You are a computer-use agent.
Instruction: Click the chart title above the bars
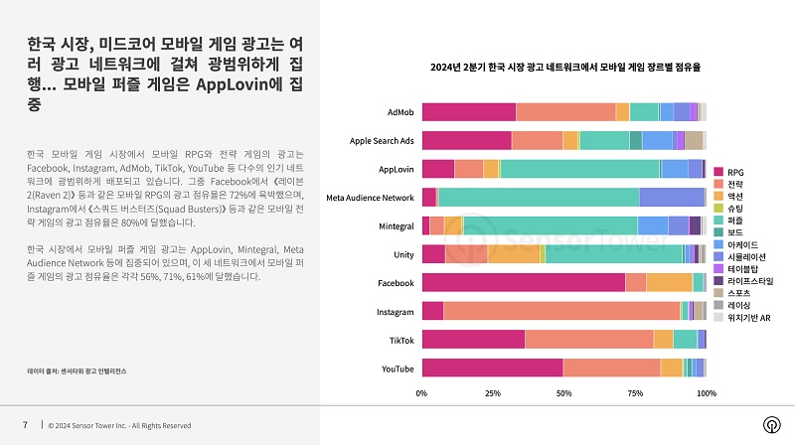(564, 67)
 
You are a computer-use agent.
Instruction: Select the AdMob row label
(400, 111)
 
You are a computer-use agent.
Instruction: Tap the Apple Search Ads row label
(382, 140)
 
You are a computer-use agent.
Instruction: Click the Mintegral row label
(397, 226)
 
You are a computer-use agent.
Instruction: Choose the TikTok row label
(400, 340)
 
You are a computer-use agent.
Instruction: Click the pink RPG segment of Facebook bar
(523, 283)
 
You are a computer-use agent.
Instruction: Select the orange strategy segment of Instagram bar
(561, 312)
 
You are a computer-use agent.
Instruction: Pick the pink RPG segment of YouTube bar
(492, 369)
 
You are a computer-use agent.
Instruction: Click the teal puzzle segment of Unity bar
(615, 254)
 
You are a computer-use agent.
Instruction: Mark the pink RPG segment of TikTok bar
(473, 340)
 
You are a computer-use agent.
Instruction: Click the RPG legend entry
(734, 172)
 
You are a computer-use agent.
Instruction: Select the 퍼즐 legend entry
(734, 220)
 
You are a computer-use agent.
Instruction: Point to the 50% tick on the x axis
(563, 393)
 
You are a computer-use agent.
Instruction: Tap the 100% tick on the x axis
(706, 393)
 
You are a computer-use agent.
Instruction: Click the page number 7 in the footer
(25, 424)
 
